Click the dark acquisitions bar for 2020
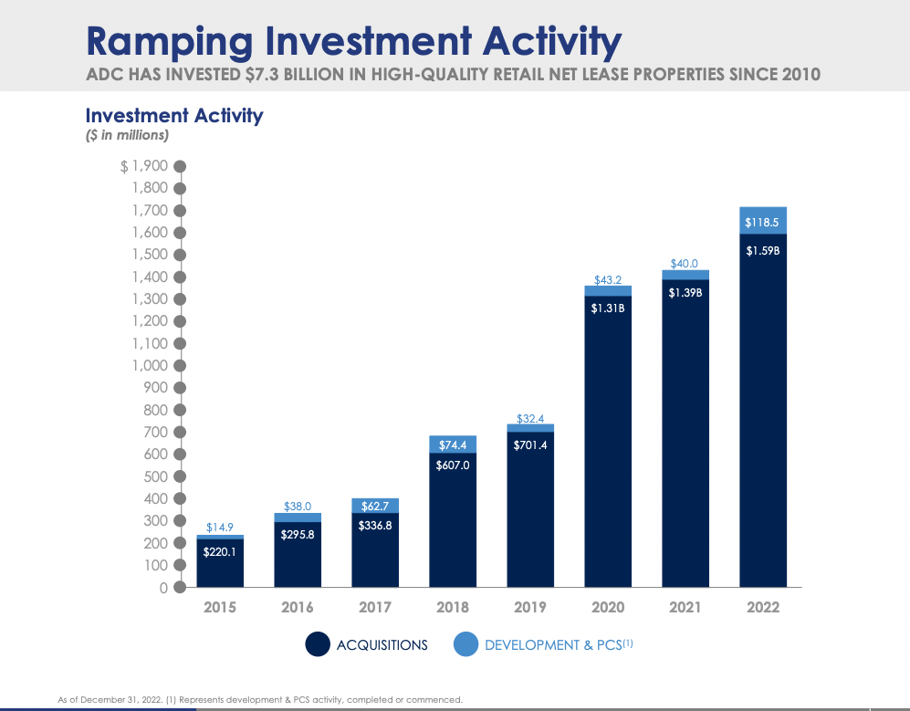(608, 447)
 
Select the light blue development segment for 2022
(763, 221)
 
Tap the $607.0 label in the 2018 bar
(453, 465)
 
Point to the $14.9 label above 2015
(220, 527)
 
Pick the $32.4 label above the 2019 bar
(530, 419)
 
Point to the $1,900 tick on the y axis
(144, 166)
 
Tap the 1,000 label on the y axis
(151, 365)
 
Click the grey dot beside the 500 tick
(180, 476)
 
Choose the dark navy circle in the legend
(318, 644)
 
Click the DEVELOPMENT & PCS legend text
(552, 645)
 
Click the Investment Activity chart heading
(174, 115)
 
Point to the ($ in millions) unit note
(127, 135)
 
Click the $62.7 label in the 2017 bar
(375, 505)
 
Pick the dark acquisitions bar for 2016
(298, 559)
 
